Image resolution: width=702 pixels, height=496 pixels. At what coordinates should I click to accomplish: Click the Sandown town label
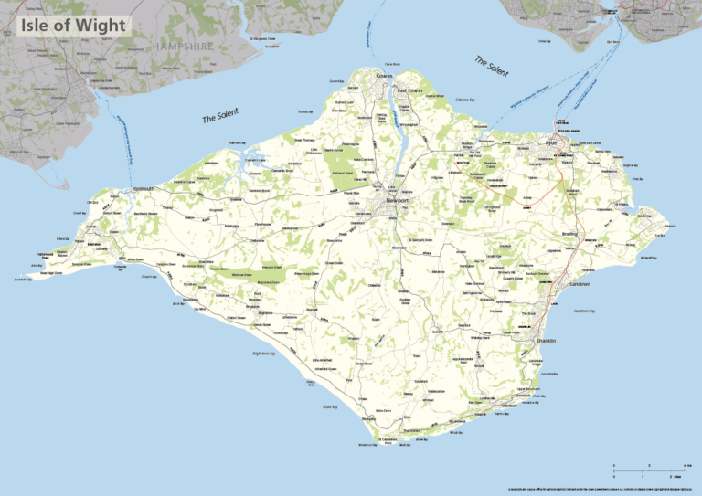coord(580,284)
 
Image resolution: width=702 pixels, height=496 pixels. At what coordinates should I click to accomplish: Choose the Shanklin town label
coord(547,341)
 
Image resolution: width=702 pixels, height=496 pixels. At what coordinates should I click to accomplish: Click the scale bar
coord(649,471)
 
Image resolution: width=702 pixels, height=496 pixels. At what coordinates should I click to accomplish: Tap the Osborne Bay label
coord(465,98)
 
